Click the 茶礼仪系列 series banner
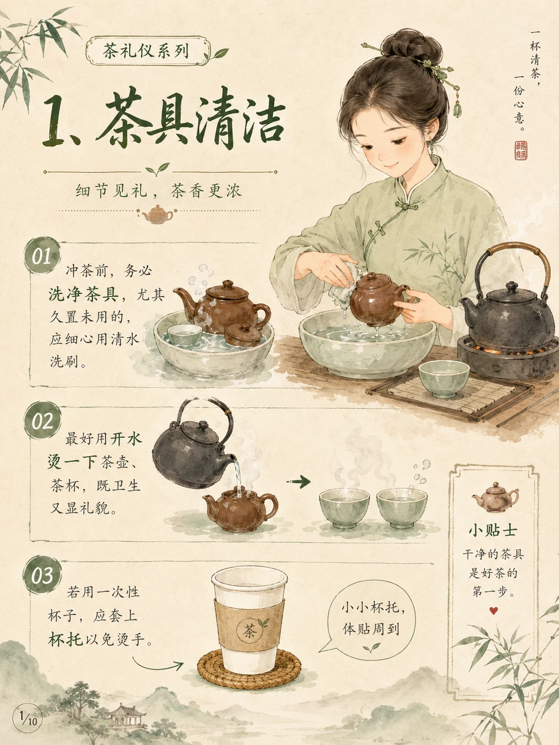(149, 51)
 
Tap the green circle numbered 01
(42, 255)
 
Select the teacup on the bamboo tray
(444, 378)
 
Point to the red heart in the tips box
(494, 611)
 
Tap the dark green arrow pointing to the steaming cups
(298, 481)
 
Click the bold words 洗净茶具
(83, 294)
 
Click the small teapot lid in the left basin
(243, 334)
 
